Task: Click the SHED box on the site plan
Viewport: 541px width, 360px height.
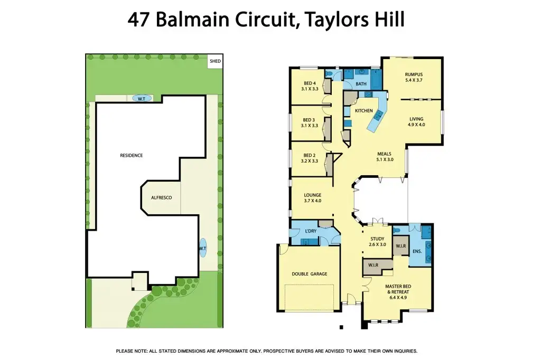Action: tap(215, 61)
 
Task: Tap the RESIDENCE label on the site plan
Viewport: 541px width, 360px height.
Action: tap(132, 155)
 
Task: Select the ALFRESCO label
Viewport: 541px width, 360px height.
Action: tap(162, 197)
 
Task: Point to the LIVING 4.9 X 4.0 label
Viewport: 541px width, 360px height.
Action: tap(416, 121)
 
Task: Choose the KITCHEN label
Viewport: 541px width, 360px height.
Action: tap(363, 111)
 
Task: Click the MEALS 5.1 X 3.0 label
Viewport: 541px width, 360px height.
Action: tap(384, 156)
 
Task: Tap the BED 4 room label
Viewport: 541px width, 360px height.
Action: tap(310, 86)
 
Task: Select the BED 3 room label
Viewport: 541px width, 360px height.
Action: tap(310, 122)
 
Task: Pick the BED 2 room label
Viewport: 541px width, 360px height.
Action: tap(310, 158)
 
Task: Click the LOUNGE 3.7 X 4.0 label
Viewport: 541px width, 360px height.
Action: tap(313, 198)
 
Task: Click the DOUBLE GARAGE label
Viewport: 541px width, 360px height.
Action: tap(310, 274)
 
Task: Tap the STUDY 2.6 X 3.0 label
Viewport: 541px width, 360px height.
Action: tap(377, 242)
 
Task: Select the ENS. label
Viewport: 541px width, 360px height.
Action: tap(417, 252)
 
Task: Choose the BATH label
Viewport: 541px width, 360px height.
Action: tap(361, 84)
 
